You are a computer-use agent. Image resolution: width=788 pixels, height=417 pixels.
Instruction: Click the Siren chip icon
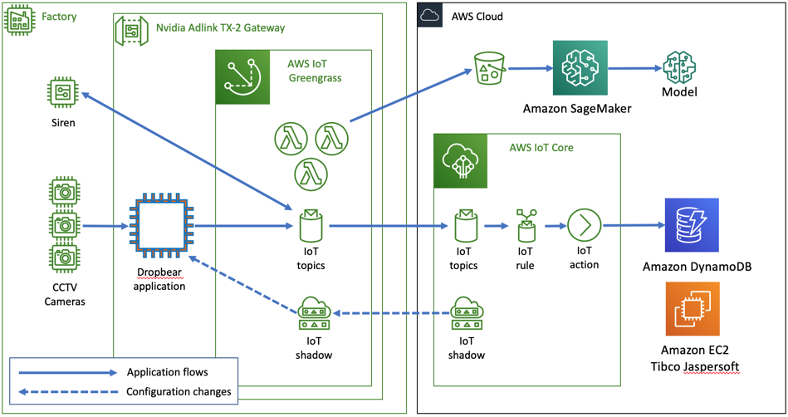click(63, 92)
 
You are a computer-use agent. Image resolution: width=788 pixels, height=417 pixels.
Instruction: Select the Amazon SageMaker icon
click(580, 71)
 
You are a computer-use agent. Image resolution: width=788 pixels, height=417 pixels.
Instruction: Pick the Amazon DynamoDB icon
click(690, 226)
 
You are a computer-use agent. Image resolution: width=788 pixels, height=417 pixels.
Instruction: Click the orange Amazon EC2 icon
click(693, 310)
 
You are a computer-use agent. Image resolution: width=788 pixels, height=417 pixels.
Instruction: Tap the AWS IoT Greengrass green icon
click(243, 76)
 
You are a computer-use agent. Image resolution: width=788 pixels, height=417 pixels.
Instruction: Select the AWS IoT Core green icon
click(462, 160)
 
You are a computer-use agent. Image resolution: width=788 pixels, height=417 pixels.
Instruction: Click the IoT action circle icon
click(584, 224)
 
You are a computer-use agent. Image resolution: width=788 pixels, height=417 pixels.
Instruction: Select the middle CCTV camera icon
click(63, 225)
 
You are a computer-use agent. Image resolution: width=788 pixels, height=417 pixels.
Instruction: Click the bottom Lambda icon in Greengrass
click(311, 174)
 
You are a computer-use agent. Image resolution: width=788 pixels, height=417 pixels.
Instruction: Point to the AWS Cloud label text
click(477, 17)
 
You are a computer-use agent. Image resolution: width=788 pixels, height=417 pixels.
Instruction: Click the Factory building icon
click(21, 20)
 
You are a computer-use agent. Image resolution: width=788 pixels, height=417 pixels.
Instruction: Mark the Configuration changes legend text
click(179, 391)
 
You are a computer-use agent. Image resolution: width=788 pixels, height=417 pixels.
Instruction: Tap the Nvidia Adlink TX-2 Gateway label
click(220, 28)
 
